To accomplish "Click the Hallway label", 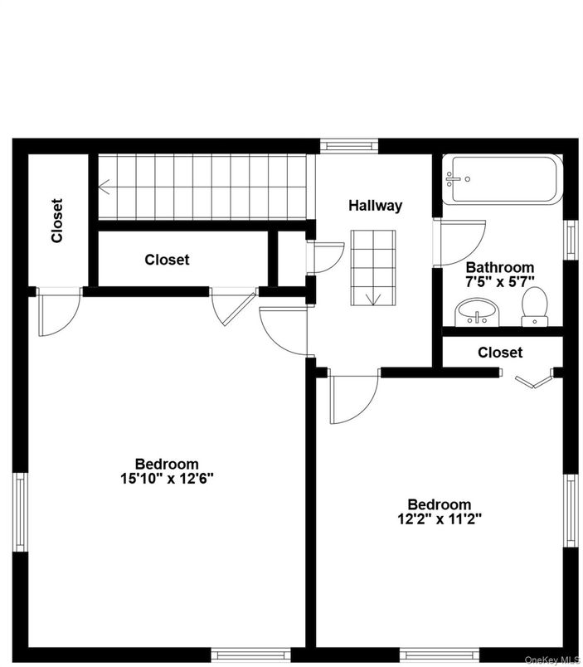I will point(375,206).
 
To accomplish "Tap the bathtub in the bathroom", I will point(503,179).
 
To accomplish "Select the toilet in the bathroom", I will point(533,306).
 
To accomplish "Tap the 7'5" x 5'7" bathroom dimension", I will point(499,281).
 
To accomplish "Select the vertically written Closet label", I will point(56,221).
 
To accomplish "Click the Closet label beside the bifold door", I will point(500,353).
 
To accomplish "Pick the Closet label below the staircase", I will point(167,260).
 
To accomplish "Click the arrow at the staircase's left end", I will point(105,188).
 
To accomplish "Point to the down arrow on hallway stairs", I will point(372,299).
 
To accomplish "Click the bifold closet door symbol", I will point(532,382).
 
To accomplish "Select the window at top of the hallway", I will point(349,146).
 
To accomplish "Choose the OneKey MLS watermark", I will point(551,660).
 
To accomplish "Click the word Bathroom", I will point(499,267).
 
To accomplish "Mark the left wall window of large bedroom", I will point(20,512).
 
